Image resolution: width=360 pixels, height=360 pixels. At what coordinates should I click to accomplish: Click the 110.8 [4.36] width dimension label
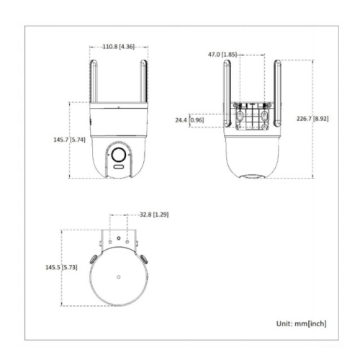119,47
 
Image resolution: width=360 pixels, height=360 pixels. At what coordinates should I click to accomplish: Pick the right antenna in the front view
143,81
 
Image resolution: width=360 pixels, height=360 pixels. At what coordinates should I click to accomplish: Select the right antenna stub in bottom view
144,258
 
